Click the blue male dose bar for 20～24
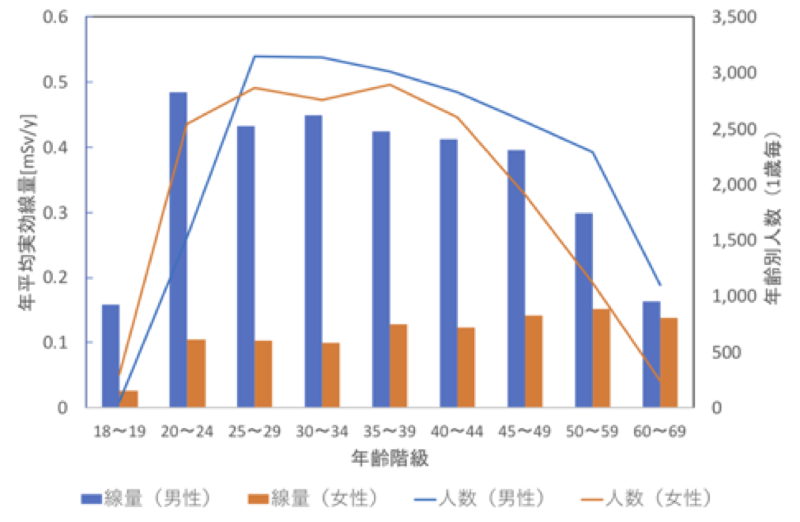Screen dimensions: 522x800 [178, 250]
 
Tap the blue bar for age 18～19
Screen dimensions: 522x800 [111, 356]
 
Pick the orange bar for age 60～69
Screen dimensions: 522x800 [670, 362]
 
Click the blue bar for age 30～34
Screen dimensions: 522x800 [313, 261]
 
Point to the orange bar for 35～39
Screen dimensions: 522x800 [398, 365]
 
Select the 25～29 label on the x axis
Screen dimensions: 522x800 [254, 432]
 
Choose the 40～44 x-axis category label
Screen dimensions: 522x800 [457, 432]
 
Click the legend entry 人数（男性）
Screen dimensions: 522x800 [483, 498]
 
